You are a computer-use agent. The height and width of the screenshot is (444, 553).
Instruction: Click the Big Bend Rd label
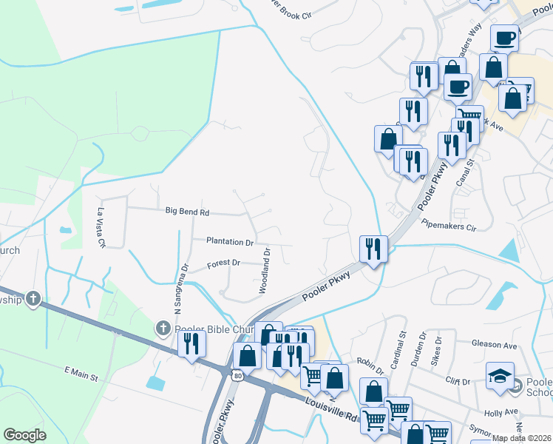tap(187, 212)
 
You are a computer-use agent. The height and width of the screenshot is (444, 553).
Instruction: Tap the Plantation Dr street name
tap(230, 242)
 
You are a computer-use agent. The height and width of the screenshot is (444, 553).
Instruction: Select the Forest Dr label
tap(224, 263)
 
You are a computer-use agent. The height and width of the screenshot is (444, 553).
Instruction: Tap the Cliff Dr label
tap(457, 382)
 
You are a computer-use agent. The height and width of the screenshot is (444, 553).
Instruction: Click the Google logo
tap(25, 434)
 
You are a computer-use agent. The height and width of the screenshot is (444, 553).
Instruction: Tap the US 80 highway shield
tap(237, 376)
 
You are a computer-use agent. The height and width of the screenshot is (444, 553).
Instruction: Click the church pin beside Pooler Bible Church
tap(162, 327)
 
